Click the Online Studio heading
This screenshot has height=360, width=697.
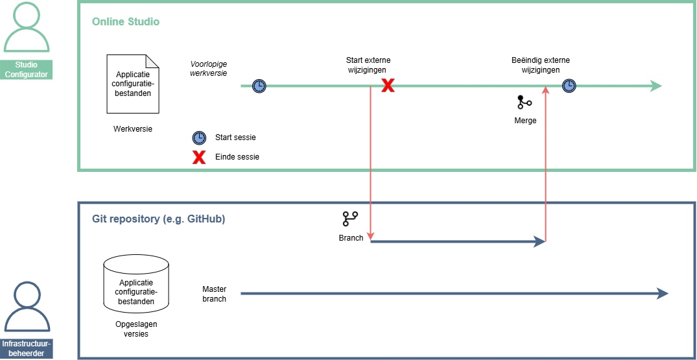(x=126, y=22)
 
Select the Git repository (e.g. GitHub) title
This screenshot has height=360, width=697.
(x=158, y=219)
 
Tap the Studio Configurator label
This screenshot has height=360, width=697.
(x=27, y=69)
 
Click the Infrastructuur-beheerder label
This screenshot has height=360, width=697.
(x=27, y=348)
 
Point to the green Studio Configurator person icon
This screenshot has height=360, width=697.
(x=27, y=29)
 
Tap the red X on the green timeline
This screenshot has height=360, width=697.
(x=388, y=86)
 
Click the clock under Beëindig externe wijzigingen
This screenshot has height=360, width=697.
(x=569, y=86)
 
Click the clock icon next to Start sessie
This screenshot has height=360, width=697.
(x=199, y=138)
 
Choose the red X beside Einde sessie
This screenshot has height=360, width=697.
(x=199, y=157)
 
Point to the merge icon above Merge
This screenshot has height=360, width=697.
(x=524, y=102)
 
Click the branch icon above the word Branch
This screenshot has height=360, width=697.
(x=351, y=219)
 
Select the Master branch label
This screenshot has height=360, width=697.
(x=214, y=294)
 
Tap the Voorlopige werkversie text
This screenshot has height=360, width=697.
(x=208, y=69)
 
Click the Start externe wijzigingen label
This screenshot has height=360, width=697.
(x=368, y=65)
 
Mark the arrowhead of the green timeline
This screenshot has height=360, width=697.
(x=656, y=86)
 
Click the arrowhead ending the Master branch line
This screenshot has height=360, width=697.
(x=662, y=293)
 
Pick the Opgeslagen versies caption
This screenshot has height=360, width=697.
(x=136, y=329)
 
